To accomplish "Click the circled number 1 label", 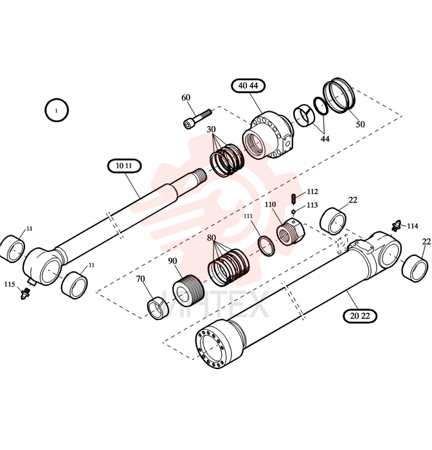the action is point(57,110).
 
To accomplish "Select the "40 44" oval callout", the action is point(248,85).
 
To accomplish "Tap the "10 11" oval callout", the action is point(124,166).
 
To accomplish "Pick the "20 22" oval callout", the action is point(359,316).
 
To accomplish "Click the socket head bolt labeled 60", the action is point(197,119).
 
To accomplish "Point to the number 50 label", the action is point(360,125).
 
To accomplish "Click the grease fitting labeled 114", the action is point(397,226).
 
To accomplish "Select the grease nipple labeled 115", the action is point(25,293).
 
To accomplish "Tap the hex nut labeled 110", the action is point(291,231).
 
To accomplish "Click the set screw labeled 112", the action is point(293,199).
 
